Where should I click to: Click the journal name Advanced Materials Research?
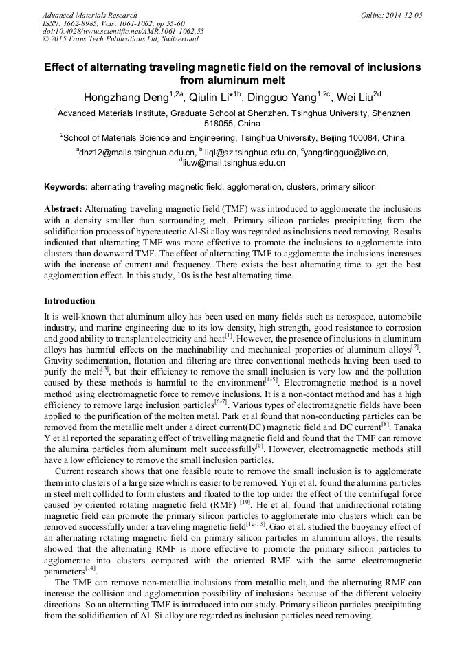point(90,15)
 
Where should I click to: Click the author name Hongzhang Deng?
point(122,96)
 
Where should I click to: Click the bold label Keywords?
point(66,186)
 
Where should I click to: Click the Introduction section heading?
point(69,301)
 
